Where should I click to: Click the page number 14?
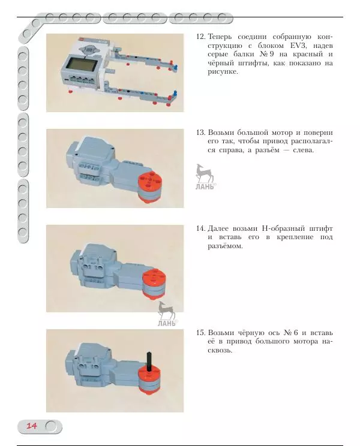[x=31, y=426]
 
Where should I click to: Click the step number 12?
[x=201, y=37]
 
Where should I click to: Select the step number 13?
[x=201, y=132]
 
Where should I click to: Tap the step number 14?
[x=201, y=228]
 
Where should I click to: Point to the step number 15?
[x=201, y=332]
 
